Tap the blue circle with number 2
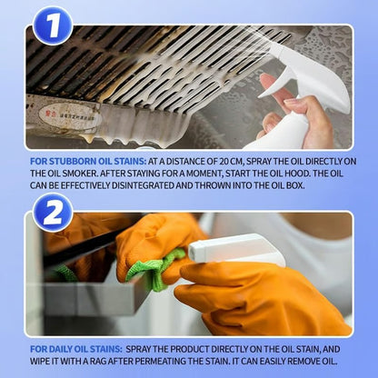point(53,211)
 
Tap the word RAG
point(96,360)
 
